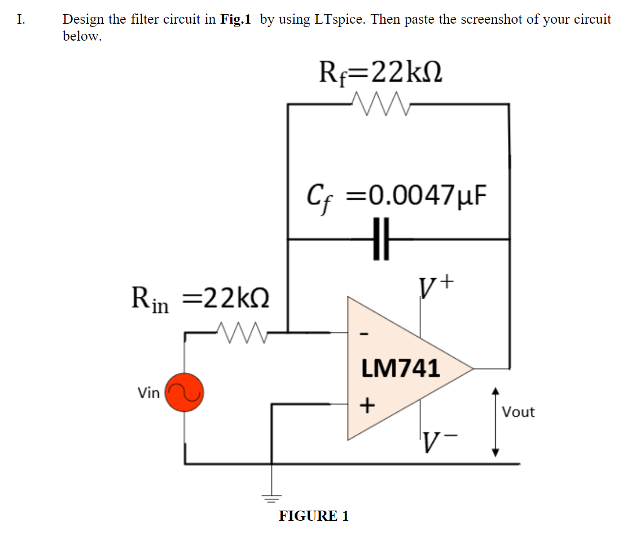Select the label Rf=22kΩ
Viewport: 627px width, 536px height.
tap(380, 72)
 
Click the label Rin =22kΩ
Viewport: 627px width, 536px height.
tap(200, 298)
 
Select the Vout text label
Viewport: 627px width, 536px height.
tap(518, 412)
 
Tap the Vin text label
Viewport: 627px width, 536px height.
tap(148, 393)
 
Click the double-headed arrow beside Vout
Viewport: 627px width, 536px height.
tap(496, 421)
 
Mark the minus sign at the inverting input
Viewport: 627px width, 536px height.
tap(365, 336)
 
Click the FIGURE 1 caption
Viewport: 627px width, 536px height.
tap(314, 516)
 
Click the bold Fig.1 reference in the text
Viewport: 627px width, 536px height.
tap(235, 19)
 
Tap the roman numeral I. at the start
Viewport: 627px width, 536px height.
tap(21, 19)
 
